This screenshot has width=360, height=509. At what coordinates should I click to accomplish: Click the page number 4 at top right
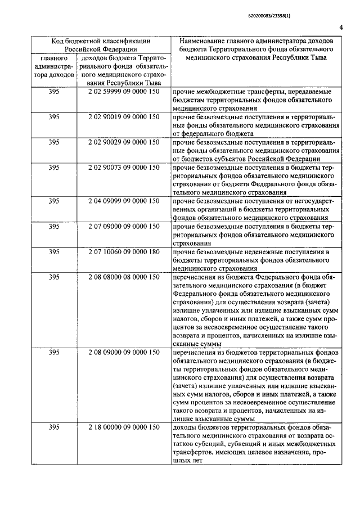(342, 28)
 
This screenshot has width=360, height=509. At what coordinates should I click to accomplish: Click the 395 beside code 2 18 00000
(54, 428)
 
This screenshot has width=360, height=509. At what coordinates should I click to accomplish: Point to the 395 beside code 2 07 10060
(54, 251)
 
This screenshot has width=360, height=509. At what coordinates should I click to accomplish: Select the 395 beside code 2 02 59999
(54, 92)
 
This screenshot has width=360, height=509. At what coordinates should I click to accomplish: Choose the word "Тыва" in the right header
(318, 57)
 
